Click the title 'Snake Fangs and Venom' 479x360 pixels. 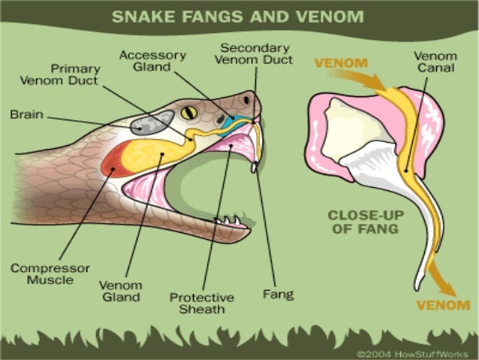tap(239, 16)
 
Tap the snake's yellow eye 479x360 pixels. tap(188, 113)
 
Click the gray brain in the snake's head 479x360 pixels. tap(152, 122)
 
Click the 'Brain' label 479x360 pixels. tap(26, 116)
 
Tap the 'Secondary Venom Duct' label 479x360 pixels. tap(255, 54)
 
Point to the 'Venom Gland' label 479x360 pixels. tap(120, 291)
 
